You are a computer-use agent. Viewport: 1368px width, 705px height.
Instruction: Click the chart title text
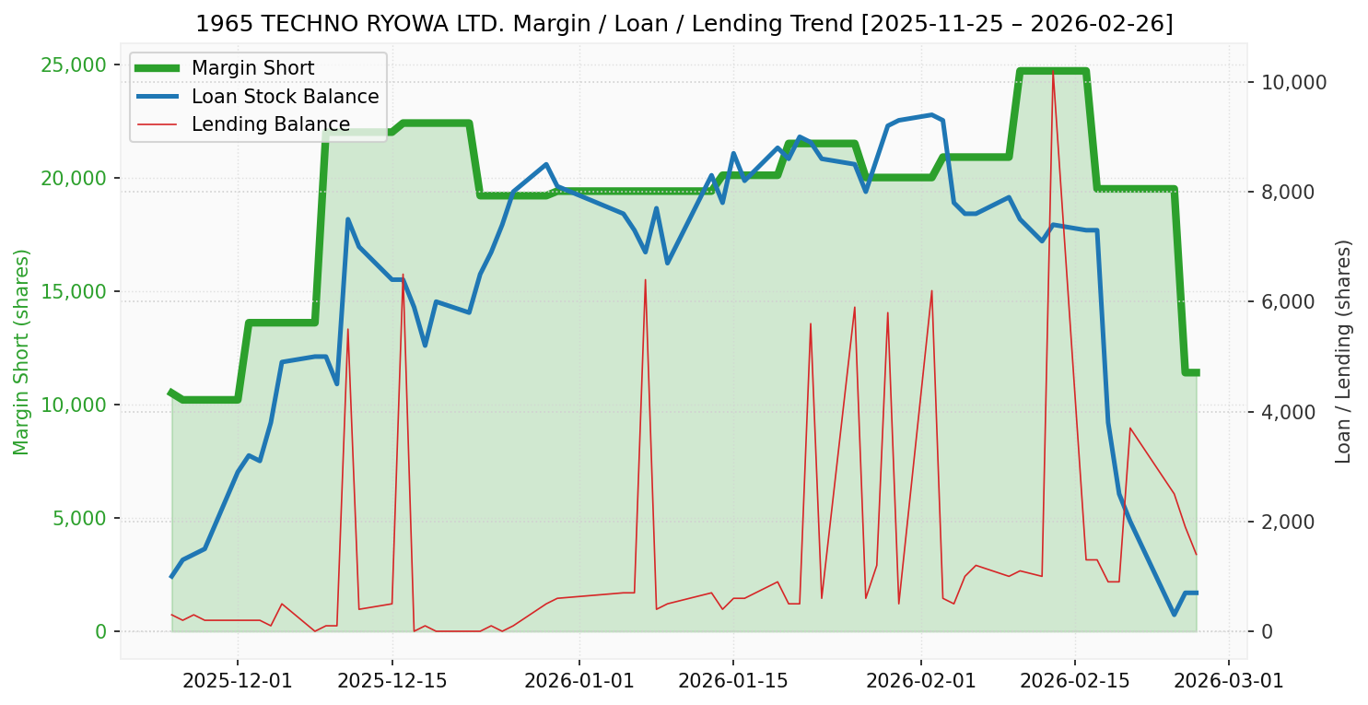684,23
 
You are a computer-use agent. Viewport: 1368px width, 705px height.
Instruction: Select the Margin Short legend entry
252,68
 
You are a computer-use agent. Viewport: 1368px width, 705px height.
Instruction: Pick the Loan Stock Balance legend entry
285,97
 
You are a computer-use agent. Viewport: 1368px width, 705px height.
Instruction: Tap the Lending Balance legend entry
270,124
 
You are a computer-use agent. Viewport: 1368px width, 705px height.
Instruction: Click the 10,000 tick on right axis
1293,82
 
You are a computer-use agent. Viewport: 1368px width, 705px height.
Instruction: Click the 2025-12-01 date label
238,682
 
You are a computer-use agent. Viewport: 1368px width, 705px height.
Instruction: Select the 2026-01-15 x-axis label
733,682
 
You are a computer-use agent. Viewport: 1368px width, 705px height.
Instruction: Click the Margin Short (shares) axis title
21,351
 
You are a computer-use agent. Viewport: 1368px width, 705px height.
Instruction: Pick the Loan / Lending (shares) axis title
1343,351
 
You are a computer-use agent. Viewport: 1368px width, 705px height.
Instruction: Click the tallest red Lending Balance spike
1053,70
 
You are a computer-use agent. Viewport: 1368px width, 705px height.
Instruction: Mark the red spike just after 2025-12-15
403,275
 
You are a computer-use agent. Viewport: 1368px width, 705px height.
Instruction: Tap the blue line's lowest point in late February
1175,615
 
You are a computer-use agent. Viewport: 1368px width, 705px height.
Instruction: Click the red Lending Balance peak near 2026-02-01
931,291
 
